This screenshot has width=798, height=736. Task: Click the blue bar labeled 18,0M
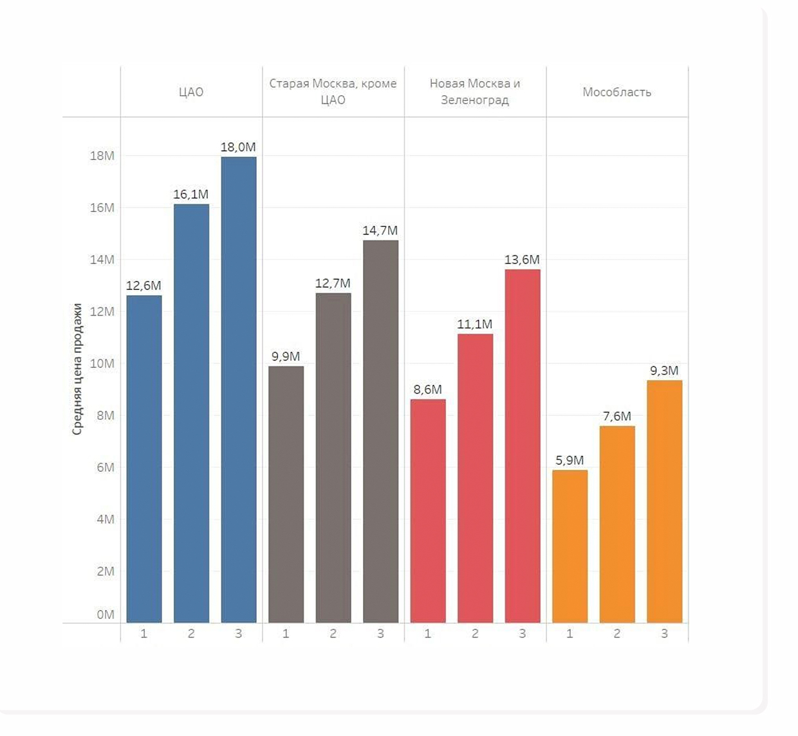(x=238, y=390)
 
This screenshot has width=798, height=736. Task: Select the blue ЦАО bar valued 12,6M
(x=144, y=459)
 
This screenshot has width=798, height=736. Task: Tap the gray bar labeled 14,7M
(x=380, y=431)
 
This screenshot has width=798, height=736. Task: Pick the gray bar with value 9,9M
(x=286, y=494)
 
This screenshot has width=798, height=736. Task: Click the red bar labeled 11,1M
(x=475, y=478)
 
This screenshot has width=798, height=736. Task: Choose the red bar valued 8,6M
(x=428, y=511)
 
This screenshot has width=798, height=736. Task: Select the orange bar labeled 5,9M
(x=570, y=546)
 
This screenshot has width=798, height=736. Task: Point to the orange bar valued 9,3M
(x=664, y=501)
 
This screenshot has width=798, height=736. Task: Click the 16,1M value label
(x=191, y=194)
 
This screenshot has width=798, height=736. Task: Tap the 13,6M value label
(x=522, y=260)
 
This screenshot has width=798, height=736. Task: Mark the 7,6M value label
(x=617, y=417)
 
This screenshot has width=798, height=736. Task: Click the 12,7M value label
(x=333, y=283)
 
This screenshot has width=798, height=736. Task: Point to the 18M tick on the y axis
(x=102, y=156)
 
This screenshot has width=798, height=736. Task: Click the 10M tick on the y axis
(x=102, y=364)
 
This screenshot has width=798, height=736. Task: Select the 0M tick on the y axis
(x=106, y=615)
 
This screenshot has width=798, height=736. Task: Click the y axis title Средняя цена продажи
(x=77, y=369)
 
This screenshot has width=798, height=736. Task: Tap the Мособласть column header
(x=617, y=92)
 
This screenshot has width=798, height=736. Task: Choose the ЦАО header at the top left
(x=191, y=92)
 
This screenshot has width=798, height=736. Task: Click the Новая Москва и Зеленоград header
(x=475, y=91)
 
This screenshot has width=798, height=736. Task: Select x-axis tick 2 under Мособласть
(x=617, y=634)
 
